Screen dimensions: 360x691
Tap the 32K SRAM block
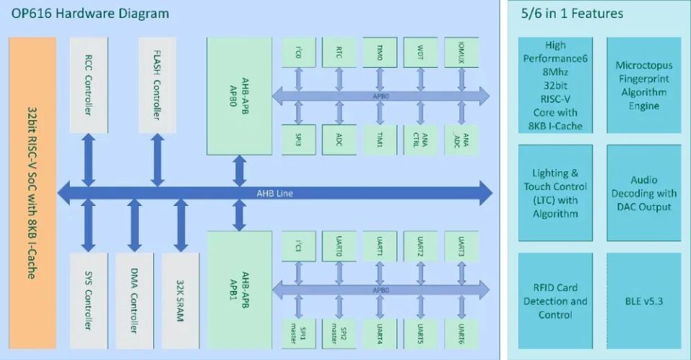(x=180, y=294)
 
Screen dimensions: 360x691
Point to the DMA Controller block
(x=134, y=294)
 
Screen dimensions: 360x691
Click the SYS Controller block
(x=88, y=294)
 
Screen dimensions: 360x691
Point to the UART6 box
(x=461, y=332)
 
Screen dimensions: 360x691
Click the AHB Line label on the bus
(x=275, y=193)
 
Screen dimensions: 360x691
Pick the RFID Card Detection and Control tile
(x=555, y=301)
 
